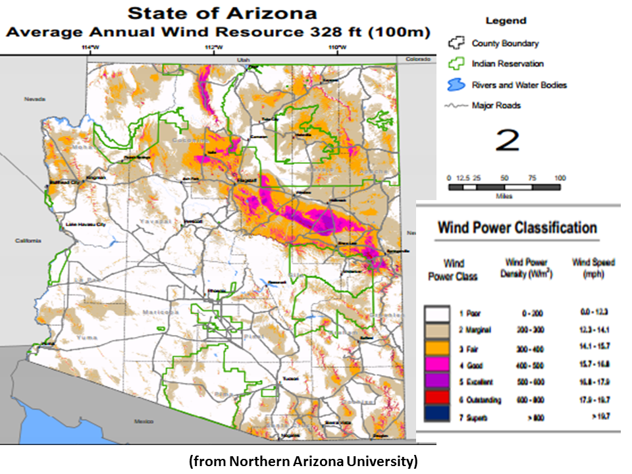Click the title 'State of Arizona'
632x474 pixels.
pyautogui.click(x=222, y=13)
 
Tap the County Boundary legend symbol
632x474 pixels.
pyautogui.click(x=454, y=43)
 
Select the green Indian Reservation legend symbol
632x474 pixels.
pyautogui.click(x=454, y=64)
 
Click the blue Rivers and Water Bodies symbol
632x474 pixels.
pyautogui.click(x=455, y=85)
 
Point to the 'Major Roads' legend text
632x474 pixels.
pyautogui.click(x=496, y=105)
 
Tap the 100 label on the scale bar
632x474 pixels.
pyautogui.click(x=560, y=178)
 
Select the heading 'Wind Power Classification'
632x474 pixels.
pyautogui.click(x=517, y=228)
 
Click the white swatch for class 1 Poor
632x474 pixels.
pyautogui.click(x=436, y=313)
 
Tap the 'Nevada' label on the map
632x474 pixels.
pyautogui.click(x=34, y=99)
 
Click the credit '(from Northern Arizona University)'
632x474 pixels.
pyautogui.click(x=303, y=461)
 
